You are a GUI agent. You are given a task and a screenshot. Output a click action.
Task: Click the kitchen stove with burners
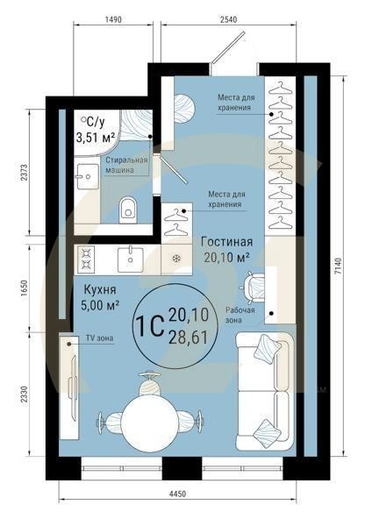(87, 258)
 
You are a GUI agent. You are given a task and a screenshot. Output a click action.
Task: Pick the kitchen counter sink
(130, 257)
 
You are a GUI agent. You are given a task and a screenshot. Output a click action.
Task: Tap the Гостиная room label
(226, 241)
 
